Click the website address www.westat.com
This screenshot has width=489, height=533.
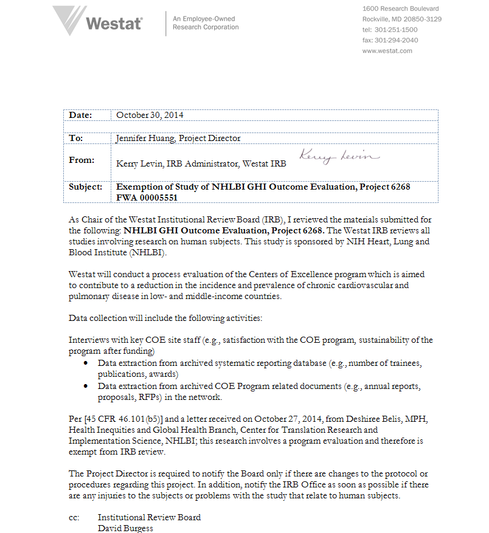(x=387, y=51)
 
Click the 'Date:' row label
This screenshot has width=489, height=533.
(x=80, y=115)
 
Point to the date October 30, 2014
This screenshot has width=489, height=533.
(x=150, y=115)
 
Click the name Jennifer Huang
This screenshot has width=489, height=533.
(x=145, y=138)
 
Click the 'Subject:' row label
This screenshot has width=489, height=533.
(x=86, y=187)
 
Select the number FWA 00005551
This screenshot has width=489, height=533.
(x=148, y=198)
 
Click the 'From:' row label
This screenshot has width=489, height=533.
(x=81, y=160)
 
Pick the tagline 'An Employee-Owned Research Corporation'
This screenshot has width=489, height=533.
(x=206, y=23)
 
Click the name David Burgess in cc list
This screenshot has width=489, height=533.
(x=126, y=528)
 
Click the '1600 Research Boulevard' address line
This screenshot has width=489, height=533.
(x=400, y=9)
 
